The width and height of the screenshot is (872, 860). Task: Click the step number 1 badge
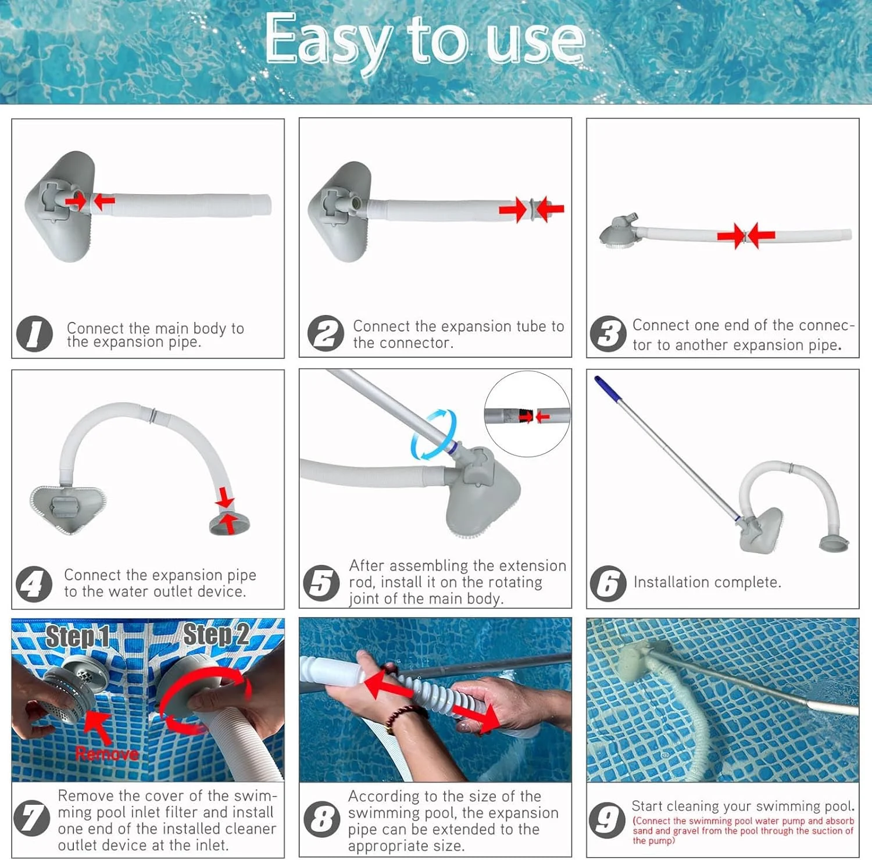[34, 334]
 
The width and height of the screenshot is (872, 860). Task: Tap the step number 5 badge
[321, 583]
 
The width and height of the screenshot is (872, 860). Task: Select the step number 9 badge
[607, 820]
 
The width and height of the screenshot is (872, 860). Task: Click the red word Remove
[107, 754]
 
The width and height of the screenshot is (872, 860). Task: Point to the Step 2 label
[216, 635]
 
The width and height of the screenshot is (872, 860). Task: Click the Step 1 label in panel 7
[77, 637]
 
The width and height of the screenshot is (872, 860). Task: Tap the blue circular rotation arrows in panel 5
[433, 435]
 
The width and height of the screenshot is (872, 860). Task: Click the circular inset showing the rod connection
[527, 414]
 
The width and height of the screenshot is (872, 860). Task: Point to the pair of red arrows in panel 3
[745, 236]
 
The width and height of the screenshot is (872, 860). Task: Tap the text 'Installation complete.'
[707, 582]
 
